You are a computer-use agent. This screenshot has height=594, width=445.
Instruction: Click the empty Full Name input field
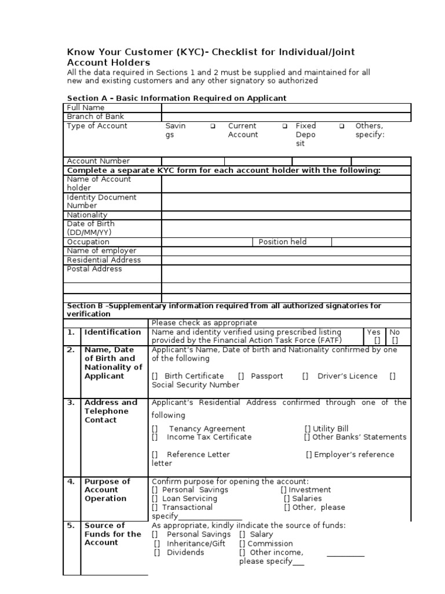pos(286,108)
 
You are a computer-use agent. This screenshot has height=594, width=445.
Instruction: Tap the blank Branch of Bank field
pos(286,117)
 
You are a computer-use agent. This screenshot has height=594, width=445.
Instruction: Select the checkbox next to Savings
pos(213,126)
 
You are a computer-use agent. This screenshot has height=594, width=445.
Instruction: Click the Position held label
pos(282,242)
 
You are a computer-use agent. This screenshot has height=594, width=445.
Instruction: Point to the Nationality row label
pos(87,215)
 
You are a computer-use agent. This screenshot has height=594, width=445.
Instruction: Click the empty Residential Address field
pos(286,260)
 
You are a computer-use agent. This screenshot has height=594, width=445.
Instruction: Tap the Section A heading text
pos(177,98)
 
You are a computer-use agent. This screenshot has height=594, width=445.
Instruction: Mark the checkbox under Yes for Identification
pos(377,341)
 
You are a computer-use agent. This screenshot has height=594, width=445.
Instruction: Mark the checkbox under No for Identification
pos(395,341)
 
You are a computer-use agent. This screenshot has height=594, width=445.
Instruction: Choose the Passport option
pos(241,376)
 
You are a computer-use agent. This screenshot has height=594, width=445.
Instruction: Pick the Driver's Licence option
pos(305,376)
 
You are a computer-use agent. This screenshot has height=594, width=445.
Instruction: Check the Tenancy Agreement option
pos(155,429)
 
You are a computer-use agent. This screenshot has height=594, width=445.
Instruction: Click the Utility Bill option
pos(308,429)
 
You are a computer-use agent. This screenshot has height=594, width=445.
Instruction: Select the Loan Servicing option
pos(155,498)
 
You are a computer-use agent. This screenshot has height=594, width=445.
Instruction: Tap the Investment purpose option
pos(284,490)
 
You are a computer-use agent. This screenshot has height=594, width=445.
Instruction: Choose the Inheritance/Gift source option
pos(157,544)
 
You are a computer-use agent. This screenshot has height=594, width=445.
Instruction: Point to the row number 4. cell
pos(71,481)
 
